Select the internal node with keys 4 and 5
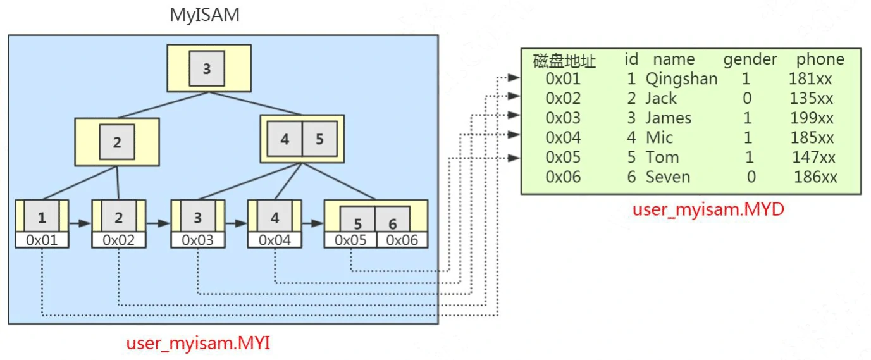302,139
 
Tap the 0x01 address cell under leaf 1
42,240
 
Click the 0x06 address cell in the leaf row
402,240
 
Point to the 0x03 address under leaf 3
197,240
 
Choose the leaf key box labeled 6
393,223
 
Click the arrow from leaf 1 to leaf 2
80,223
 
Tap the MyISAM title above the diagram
204,15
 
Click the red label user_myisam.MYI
199,344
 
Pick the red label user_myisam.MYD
708,209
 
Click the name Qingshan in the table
681,79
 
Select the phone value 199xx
812,118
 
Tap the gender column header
750,59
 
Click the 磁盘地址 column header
564,61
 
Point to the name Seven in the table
667,177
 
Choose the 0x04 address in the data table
563,138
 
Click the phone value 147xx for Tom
813,158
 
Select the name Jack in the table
660,99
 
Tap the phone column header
820,59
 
